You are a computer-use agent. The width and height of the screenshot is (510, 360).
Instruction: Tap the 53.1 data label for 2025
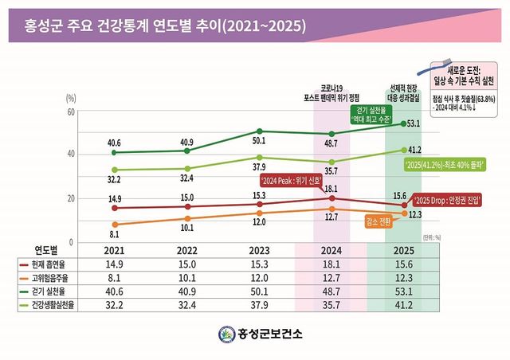(414, 123)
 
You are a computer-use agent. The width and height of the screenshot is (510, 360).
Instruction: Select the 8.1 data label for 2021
(115, 235)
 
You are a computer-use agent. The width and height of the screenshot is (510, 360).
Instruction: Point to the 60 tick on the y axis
(71, 112)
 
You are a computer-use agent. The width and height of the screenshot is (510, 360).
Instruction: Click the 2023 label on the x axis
(259, 250)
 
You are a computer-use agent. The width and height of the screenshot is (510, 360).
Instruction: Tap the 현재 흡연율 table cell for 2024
(331, 264)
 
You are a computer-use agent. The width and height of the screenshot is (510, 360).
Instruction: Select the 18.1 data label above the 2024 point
(331, 189)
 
